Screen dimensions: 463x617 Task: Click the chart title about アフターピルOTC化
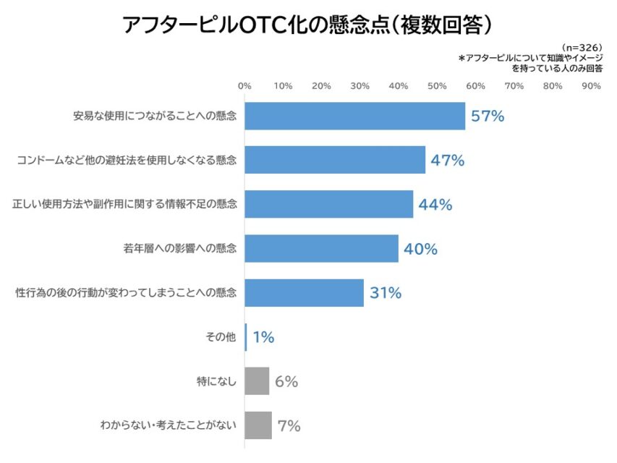308,25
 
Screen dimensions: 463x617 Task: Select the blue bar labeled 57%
354,116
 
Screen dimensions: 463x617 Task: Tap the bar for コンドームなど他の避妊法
335,160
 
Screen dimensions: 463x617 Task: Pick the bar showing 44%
328,205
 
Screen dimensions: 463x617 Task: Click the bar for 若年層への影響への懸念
321,249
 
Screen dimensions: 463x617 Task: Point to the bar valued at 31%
304,293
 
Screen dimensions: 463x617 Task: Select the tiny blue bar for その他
246,337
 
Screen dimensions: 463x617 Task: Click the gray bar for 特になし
257,381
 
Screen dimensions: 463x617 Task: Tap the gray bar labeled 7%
258,425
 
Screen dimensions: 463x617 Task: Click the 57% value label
487,116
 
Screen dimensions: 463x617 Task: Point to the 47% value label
447,160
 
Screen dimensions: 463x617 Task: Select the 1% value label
263,337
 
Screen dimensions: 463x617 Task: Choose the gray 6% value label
286,381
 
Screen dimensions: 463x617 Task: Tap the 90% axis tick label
591,86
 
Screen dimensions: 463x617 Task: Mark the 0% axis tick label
244,86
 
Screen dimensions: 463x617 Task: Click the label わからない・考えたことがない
168,425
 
